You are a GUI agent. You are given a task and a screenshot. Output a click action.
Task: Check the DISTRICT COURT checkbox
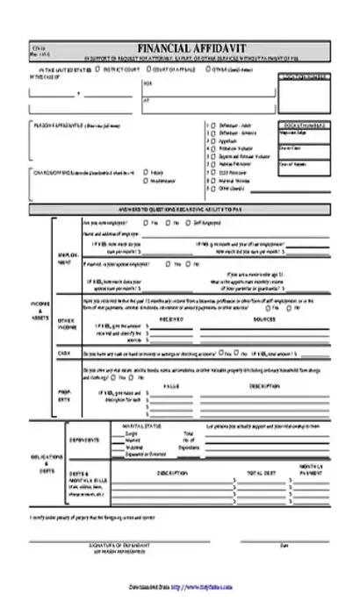tap(98, 67)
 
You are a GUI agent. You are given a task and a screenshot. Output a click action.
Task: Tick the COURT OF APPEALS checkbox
tap(149, 67)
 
